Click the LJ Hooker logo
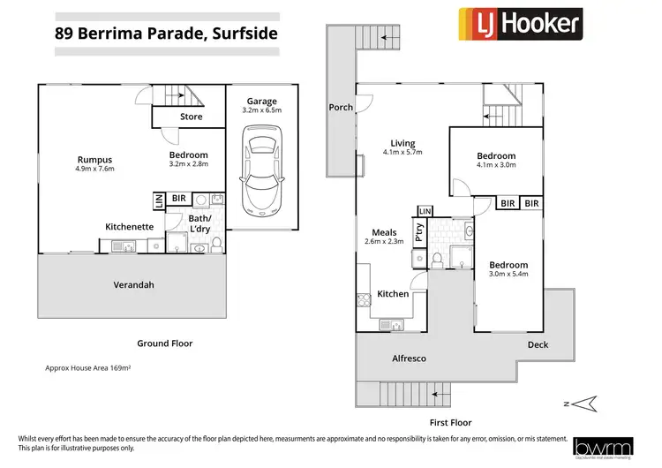click(519, 24)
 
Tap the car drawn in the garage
click(261, 170)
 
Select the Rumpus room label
click(94, 158)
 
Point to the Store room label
click(191, 117)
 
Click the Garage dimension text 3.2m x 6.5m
click(261, 111)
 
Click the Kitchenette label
click(130, 227)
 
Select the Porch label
click(341, 108)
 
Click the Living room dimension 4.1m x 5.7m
click(403, 153)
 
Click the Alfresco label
click(409, 359)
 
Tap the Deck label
click(538, 344)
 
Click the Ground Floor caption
click(164, 343)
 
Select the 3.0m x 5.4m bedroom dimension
click(508, 276)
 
